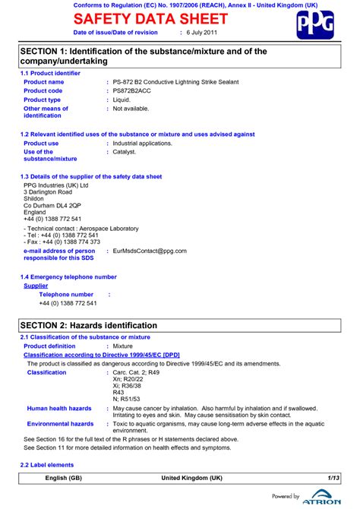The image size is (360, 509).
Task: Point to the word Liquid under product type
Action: point(122,100)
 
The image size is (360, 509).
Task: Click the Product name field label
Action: point(44,81)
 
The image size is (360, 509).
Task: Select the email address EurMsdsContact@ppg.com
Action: point(150,250)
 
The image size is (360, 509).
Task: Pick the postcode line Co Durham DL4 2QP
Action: point(52,206)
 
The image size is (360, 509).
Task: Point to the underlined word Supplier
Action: point(36,286)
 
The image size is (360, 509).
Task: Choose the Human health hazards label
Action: point(59,409)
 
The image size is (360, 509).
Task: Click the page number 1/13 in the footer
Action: point(333,479)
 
